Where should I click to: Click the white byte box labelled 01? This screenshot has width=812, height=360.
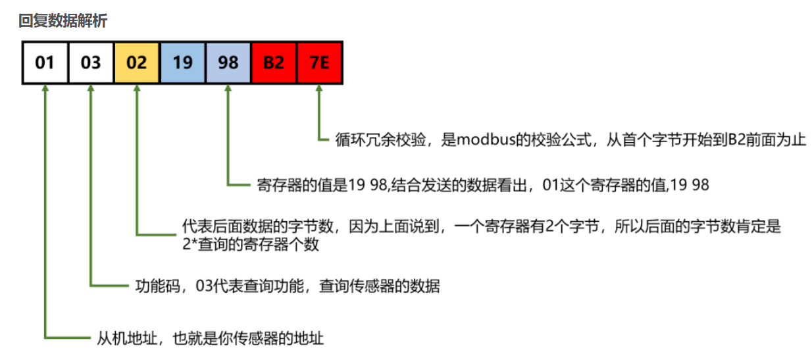tap(45, 63)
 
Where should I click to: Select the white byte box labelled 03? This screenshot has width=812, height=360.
tap(91, 63)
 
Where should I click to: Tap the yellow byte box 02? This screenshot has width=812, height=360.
tap(136, 63)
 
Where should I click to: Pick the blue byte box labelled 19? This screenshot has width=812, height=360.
tap(182, 63)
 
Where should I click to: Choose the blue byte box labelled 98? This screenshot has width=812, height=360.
tap(228, 63)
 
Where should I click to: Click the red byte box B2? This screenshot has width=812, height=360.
tap(274, 63)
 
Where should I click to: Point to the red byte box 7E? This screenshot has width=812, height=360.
tap(320, 63)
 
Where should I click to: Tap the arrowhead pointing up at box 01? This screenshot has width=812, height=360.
tap(45, 90)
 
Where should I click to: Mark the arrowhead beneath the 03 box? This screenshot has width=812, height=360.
tap(91, 90)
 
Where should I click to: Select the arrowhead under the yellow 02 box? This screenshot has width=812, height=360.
tap(136, 90)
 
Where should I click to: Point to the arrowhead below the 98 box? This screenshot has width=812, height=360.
tap(228, 90)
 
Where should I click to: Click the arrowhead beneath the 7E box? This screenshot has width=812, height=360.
tap(320, 90)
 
